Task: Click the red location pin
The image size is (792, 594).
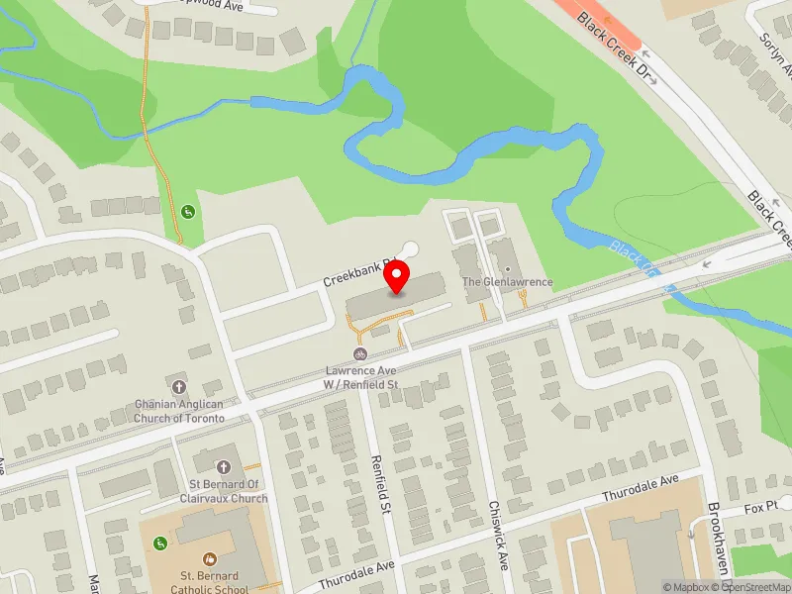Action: [397, 278]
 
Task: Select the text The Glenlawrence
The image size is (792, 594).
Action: [507, 282]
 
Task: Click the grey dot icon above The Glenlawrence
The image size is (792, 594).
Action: [508, 269]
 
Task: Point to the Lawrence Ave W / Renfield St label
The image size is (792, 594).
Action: [361, 377]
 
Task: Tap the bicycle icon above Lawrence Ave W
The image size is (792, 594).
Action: [360, 355]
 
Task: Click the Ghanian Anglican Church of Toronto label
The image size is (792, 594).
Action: [180, 411]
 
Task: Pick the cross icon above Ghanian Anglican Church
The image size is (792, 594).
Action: [179, 386]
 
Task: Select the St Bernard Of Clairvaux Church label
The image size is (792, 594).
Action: [224, 491]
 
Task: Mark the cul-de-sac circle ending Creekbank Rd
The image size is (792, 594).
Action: [410, 249]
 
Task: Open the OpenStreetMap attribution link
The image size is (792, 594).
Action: [754, 587]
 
